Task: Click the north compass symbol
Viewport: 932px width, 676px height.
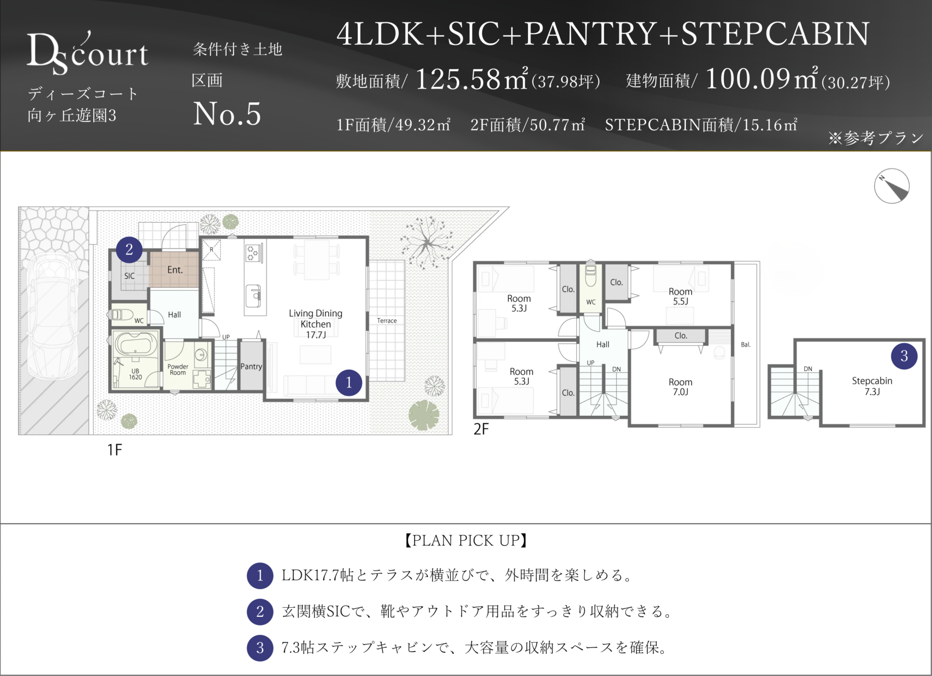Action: (x=892, y=186)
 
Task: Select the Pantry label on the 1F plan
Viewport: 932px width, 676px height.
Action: (x=251, y=366)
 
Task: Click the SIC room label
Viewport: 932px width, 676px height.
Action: (x=129, y=276)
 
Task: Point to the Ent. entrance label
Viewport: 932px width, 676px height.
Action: (x=175, y=270)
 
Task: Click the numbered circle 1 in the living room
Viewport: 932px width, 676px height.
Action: (x=349, y=383)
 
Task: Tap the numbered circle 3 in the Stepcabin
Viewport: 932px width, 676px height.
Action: (x=904, y=356)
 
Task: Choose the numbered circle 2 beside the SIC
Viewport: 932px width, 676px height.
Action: (x=129, y=249)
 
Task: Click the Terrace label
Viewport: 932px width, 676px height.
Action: (x=387, y=321)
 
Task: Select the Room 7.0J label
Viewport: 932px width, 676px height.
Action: (x=681, y=387)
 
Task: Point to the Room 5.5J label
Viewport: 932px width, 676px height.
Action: (x=681, y=296)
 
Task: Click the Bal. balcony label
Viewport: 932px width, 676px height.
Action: (x=746, y=345)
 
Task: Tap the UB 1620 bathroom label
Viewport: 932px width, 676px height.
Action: (x=135, y=374)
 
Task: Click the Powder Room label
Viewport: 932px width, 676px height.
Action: (x=178, y=369)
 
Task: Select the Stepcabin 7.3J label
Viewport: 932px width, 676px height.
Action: (x=872, y=386)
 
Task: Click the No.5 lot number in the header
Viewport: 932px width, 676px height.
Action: (x=227, y=114)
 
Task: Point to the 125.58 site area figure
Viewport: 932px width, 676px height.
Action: (x=458, y=79)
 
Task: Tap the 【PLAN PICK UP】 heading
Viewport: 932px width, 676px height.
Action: (x=466, y=540)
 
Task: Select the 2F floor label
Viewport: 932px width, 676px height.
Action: (x=481, y=429)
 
